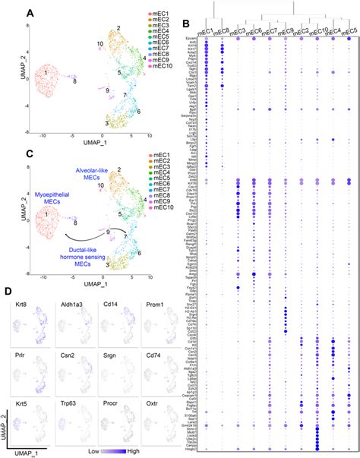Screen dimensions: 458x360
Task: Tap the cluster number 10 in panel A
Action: tap(101, 45)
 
